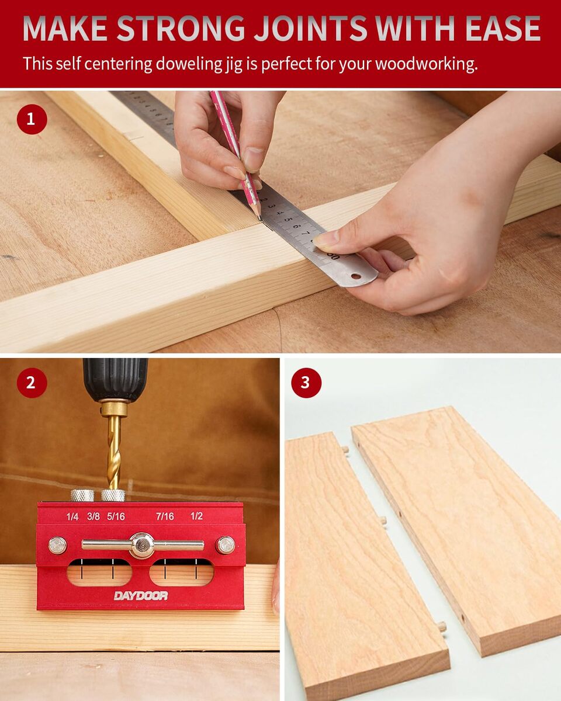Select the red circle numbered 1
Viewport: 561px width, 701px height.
[32, 119]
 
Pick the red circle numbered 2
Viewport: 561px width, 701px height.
[32, 383]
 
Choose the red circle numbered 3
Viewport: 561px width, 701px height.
[306, 383]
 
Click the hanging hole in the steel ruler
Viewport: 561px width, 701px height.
[356, 276]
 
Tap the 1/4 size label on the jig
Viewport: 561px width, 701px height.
[72, 516]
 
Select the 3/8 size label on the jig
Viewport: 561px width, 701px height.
[93, 516]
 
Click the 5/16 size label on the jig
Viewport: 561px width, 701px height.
[116, 516]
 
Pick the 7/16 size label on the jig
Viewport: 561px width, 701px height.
[165, 516]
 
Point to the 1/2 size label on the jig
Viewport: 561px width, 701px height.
[196, 516]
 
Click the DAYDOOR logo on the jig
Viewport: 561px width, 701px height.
[141, 596]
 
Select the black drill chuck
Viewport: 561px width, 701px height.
[115, 380]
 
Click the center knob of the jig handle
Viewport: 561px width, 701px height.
[142, 545]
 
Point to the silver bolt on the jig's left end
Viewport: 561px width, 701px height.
[58, 545]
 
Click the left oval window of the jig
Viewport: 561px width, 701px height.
[99, 572]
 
